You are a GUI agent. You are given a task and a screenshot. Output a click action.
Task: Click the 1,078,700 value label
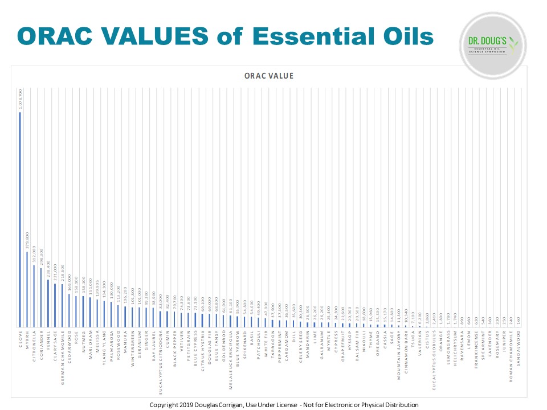point(21,100)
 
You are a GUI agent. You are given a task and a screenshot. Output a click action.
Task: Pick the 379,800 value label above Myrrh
point(27,241)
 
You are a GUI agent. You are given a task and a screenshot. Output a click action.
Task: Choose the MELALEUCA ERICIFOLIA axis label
point(230,359)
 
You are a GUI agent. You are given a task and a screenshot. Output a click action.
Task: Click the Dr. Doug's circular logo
point(493,45)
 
